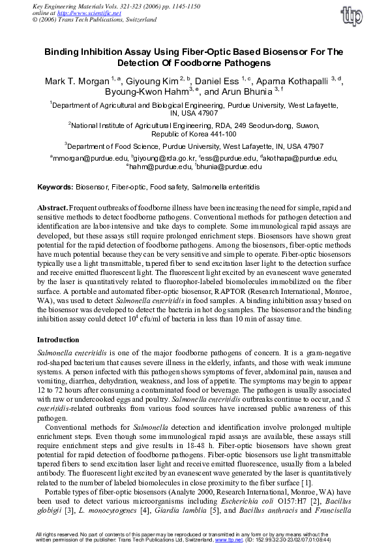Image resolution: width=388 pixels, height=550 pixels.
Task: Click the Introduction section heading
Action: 58,340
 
